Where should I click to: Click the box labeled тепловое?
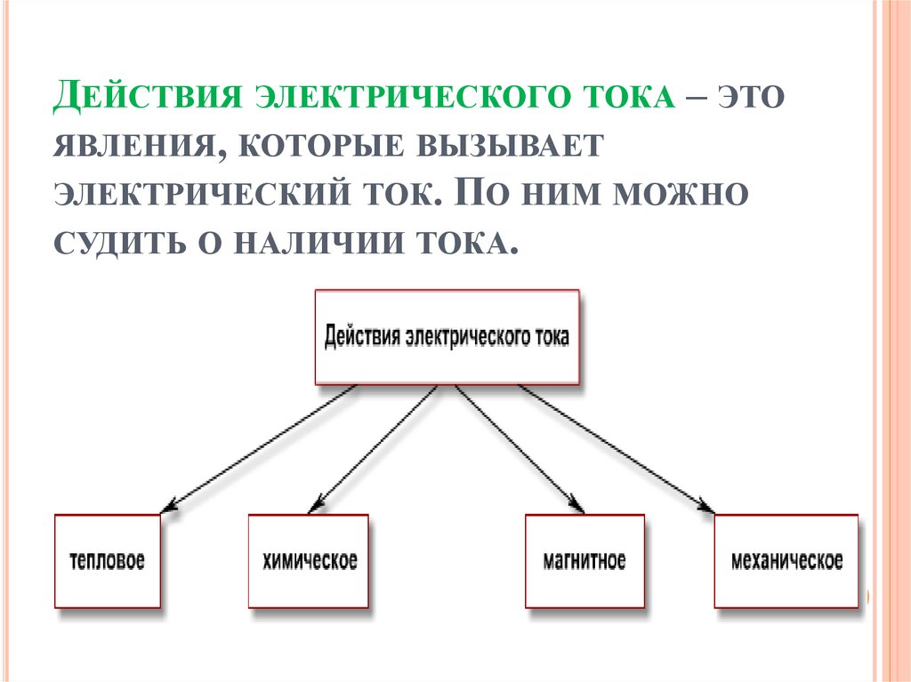coord(107,561)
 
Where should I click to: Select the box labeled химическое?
coord(310,561)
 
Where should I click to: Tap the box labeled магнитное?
coord(584,561)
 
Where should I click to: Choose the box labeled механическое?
coord(786,561)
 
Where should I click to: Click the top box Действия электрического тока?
coord(447,338)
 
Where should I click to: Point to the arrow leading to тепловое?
coord(258,449)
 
